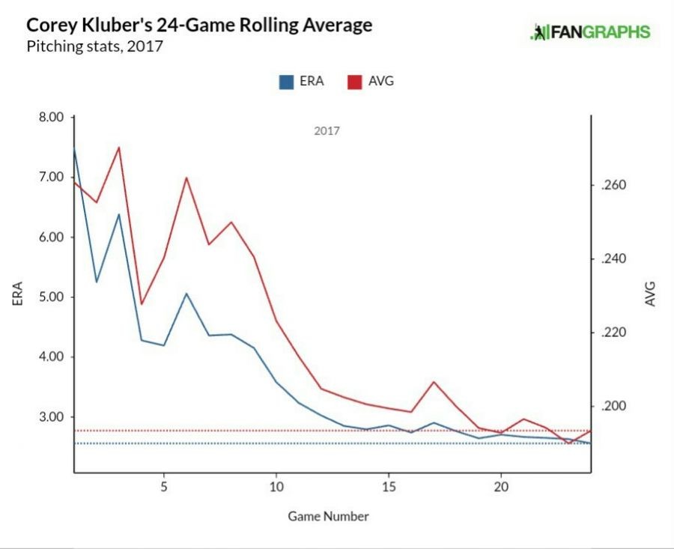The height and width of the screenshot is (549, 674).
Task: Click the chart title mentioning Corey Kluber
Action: (199, 25)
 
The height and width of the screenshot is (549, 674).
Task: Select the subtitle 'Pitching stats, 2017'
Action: (94, 46)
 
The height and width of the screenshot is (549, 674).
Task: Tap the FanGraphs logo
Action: (590, 32)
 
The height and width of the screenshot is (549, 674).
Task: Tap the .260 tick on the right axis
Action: (614, 186)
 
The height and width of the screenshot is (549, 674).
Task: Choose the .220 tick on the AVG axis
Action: (614, 333)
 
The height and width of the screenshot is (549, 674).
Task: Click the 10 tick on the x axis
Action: (276, 485)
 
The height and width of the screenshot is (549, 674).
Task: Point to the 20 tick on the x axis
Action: (501, 485)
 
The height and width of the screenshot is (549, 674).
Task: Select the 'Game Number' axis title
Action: (328, 516)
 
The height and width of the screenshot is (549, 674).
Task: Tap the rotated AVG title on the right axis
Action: (650, 294)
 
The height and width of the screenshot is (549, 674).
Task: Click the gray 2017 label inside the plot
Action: (327, 131)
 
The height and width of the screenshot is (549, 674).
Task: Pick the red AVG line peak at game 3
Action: (119, 148)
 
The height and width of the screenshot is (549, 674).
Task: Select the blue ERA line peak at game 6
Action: (186, 293)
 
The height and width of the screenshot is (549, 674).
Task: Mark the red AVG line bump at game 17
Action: (434, 382)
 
